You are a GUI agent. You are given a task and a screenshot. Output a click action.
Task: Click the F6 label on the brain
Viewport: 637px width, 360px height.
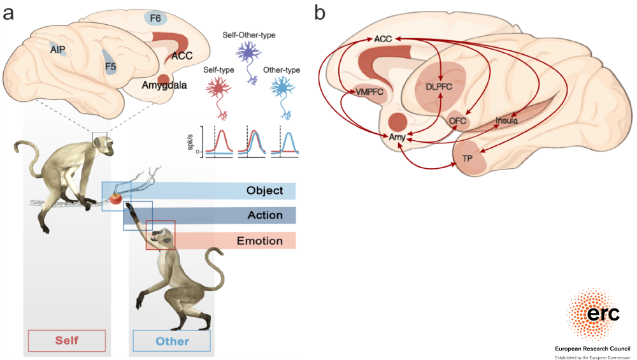tap(155, 18)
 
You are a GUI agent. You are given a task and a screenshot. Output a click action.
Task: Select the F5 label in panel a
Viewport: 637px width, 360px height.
tap(111, 65)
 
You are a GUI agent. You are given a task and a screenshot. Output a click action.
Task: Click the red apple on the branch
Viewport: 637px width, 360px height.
tap(115, 198)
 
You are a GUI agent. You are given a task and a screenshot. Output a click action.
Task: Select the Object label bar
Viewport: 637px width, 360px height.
tap(264, 191)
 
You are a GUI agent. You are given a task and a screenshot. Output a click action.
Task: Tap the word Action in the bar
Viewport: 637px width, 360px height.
tap(265, 215)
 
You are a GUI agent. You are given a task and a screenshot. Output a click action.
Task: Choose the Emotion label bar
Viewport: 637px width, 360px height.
tap(260, 241)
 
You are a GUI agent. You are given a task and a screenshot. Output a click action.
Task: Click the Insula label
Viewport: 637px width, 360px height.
tap(506, 119)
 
